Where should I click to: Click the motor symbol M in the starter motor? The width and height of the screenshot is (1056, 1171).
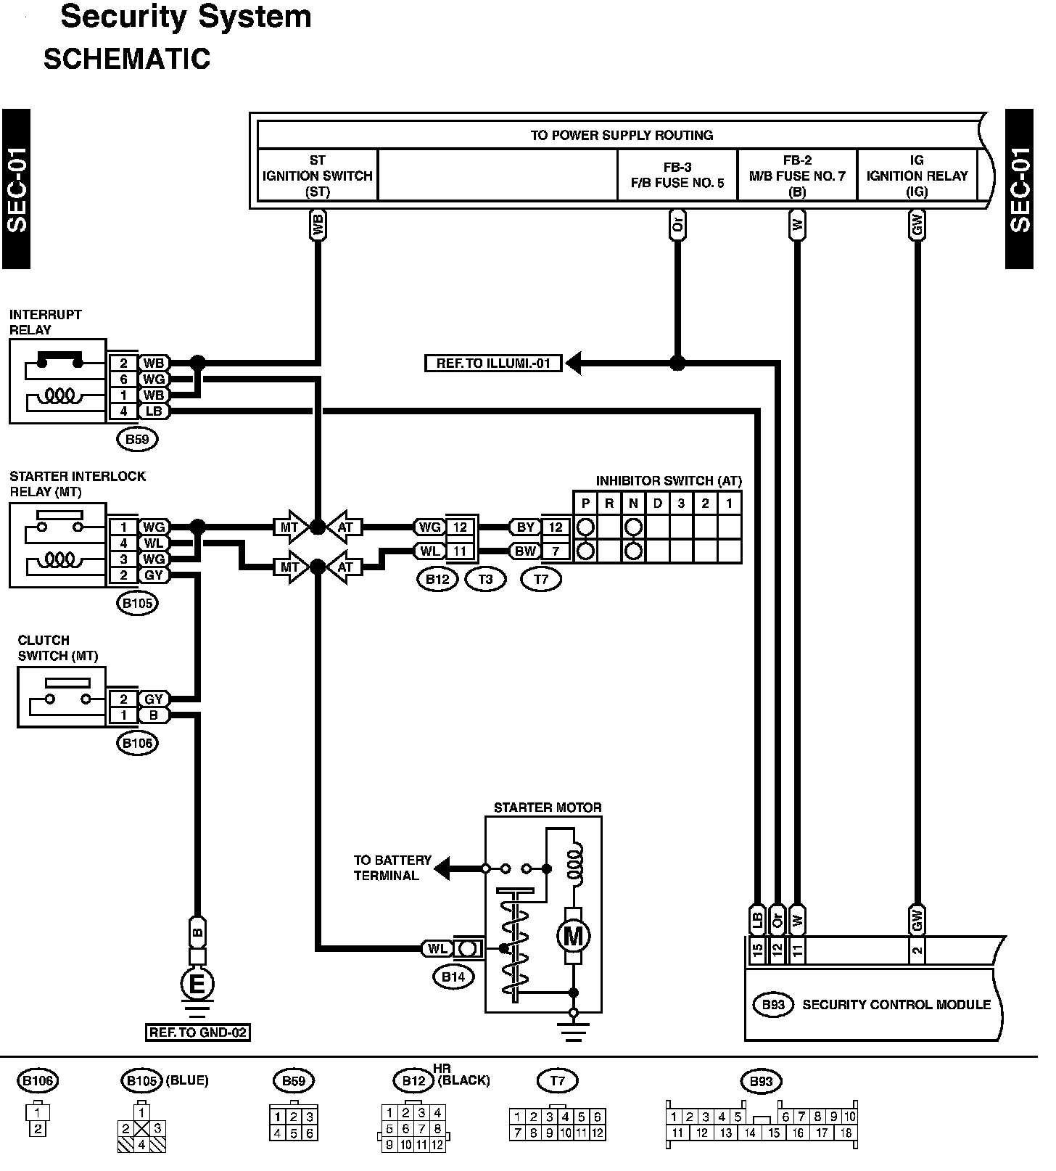[573, 936]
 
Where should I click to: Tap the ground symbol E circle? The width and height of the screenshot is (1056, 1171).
[197, 985]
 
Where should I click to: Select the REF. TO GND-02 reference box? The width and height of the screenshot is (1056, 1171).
[198, 1032]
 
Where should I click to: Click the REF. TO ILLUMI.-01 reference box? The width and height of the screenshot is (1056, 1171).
[493, 363]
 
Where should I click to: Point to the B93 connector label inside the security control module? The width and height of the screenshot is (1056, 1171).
[773, 1005]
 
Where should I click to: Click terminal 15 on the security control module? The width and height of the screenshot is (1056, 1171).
[757, 950]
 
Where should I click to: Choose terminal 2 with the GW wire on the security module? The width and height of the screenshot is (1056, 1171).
[917, 950]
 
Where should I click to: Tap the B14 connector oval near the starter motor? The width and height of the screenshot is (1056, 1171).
[453, 977]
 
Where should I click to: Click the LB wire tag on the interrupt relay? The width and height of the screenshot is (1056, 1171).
[153, 411]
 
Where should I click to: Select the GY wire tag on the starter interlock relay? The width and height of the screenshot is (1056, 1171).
[153, 575]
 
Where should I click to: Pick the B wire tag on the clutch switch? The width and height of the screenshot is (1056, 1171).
[153, 715]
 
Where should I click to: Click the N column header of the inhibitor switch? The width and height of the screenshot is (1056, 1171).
[633, 504]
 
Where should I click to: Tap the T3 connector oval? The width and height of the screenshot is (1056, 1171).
[485, 579]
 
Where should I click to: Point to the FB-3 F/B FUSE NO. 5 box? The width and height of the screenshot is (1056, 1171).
[677, 176]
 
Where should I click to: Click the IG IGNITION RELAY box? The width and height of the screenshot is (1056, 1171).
[917, 176]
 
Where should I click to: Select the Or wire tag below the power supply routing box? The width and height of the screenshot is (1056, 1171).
[677, 226]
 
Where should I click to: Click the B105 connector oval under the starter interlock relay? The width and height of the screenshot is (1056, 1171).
[137, 603]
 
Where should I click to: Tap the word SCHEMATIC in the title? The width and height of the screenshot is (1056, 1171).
[127, 59]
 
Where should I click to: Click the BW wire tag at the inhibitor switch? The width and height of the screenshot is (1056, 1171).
[525, 551]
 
